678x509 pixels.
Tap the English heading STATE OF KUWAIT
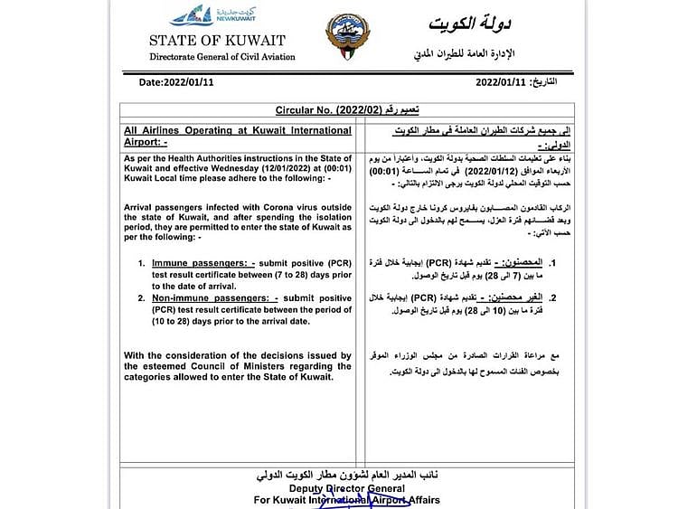217,40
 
